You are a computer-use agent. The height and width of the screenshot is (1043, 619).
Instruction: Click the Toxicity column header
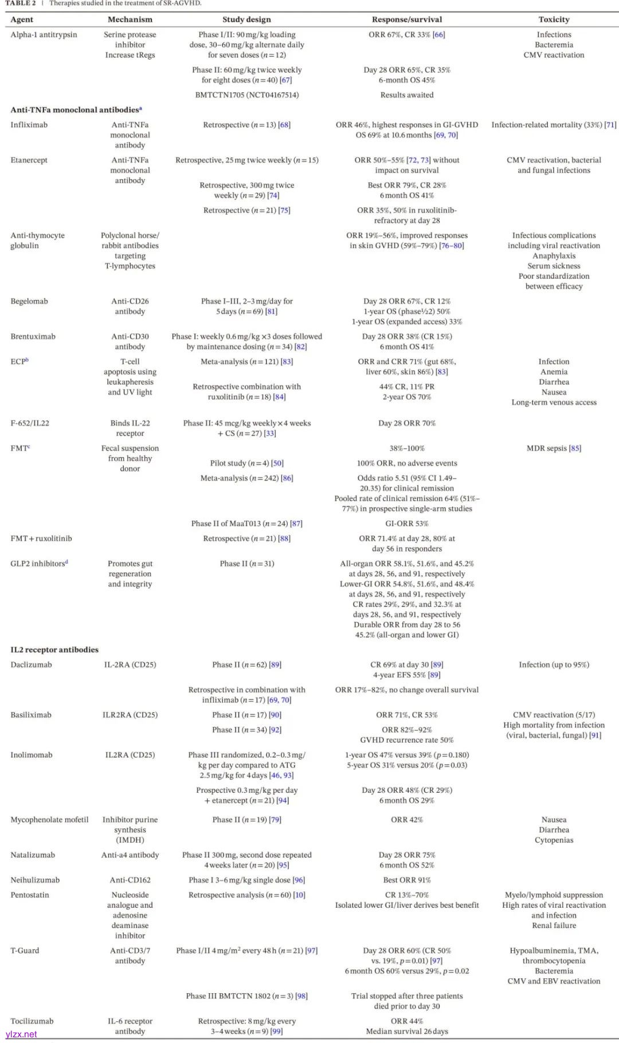[x=554, y=19]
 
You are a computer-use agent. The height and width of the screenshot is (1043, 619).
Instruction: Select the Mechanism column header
[x=130, y=19]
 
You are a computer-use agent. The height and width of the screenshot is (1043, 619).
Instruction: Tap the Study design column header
[x=246, y=19]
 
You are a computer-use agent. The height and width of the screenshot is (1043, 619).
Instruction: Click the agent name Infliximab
[x=29, y=125]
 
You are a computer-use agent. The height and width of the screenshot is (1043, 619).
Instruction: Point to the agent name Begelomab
[x=29, y=301]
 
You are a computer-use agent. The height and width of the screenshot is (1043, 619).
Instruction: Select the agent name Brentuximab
[x=33, y=337]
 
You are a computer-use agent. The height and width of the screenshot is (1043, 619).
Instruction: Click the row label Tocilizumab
[x=32, y=1021]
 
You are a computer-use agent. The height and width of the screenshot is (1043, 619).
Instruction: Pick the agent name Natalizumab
[x=33, y=855]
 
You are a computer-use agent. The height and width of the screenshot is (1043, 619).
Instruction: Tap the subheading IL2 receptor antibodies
[x=54, y=650]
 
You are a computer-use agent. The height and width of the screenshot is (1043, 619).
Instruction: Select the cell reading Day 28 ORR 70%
[x=407, y=423]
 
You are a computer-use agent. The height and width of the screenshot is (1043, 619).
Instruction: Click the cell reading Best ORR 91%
[x=407, y=880]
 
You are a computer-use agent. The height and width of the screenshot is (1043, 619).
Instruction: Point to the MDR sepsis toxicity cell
[x=554, y=448]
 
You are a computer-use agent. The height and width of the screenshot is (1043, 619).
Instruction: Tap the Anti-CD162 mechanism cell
[x=130, y=880]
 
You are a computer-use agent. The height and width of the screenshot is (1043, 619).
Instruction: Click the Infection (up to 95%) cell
[x=554, y=665]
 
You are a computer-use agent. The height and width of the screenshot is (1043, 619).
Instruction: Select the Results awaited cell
[x=407, y=95]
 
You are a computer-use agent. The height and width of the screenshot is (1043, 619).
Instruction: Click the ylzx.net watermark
[x=21, y=1034]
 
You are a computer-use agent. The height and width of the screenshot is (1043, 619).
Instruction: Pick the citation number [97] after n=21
[x=311, y=951]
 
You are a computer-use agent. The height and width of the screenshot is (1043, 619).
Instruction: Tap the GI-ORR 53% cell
[x=407, y=524]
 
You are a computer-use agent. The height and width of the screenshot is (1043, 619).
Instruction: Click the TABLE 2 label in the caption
[x=21, y=3]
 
